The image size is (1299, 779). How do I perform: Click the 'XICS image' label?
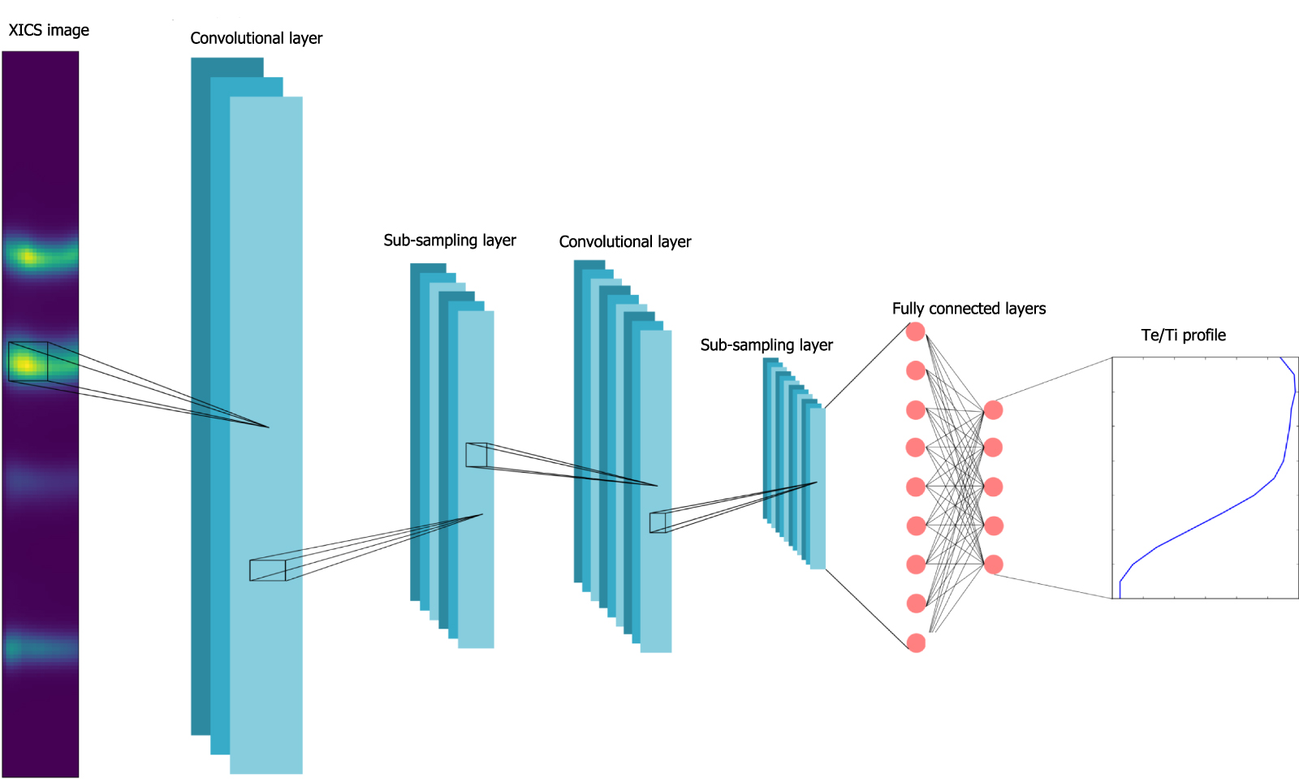point(49,30)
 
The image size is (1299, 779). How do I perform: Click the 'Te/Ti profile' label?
point(1183,335)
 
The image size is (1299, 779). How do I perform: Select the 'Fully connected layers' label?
point(969,309)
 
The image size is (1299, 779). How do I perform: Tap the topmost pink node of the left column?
point(916,331)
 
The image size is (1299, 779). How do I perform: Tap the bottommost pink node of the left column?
point(916,643)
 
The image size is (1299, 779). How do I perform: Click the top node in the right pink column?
point(993,409)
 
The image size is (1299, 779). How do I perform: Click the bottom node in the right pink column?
point(993,565)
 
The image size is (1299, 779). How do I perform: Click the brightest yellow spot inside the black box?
point(26,364)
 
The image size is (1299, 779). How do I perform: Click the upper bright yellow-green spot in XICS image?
point(28,258)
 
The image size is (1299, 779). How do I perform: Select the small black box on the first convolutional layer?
point(268,570)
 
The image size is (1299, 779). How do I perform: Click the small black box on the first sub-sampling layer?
point(476,455)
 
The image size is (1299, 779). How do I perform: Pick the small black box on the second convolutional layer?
point(658,522)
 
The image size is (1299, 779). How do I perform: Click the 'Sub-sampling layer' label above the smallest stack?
point(766,345)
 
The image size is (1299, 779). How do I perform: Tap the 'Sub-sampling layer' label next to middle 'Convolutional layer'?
point(450,240)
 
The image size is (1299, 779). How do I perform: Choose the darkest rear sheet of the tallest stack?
point(200,406)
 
